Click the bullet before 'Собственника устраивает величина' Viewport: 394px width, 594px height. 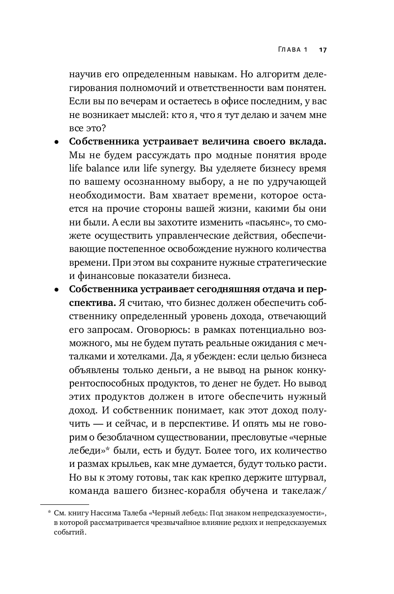(56, 142)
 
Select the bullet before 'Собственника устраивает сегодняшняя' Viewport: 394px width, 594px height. (56, 290)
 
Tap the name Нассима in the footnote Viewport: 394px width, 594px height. (111, 514)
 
